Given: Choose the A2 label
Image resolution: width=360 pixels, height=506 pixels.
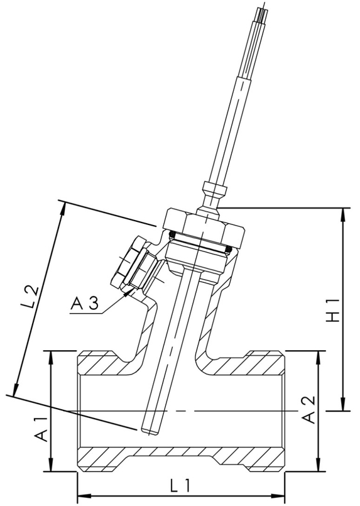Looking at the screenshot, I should pos(308,410).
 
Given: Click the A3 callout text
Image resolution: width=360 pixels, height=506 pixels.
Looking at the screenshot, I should pos(84,304).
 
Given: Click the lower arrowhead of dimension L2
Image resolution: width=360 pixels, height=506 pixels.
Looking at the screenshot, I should pos(14,390).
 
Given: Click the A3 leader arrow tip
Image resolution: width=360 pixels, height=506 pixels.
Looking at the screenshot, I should pos(130,290).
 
